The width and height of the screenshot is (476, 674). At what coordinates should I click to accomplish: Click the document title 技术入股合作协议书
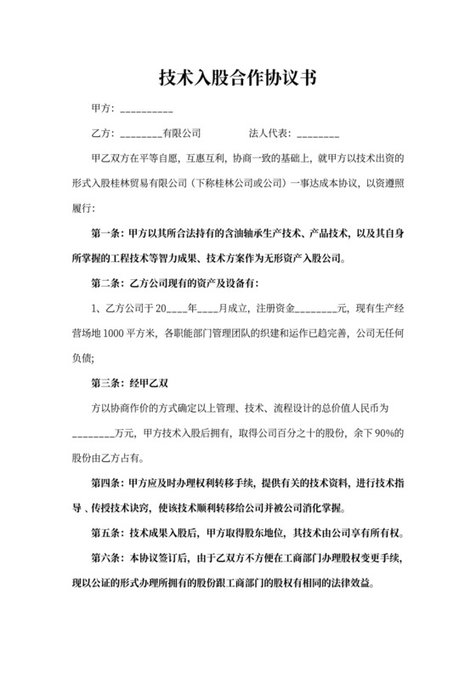point(238,78)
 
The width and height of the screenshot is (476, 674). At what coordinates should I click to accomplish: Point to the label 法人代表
point(269,134)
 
